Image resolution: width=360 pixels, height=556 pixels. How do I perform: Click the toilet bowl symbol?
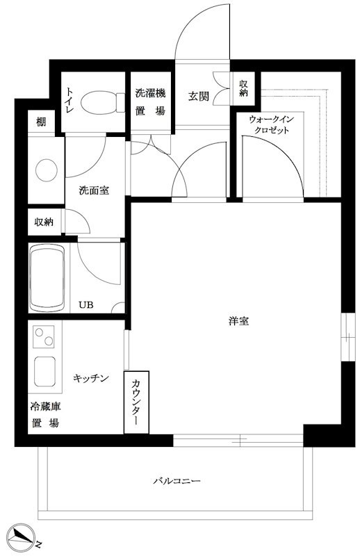103,102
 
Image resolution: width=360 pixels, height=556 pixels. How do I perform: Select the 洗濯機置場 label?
150,102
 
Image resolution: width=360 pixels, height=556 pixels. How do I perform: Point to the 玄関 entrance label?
198,96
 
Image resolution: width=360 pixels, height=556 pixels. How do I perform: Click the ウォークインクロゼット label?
271,124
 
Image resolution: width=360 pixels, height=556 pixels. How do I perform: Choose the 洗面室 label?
94,190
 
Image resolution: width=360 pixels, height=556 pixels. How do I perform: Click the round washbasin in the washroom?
46,170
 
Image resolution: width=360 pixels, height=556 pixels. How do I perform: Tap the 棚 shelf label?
41,122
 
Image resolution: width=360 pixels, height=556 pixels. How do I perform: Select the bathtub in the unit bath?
47,277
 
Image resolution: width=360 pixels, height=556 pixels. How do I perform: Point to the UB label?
86,304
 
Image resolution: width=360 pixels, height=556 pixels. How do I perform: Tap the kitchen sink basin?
44,371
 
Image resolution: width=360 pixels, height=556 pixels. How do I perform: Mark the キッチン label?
91,378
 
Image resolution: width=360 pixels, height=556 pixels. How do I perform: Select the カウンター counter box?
136,402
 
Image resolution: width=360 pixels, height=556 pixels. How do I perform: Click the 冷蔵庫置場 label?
45,414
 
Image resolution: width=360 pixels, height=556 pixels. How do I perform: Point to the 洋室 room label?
238,321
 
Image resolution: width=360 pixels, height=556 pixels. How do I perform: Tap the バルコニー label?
177,481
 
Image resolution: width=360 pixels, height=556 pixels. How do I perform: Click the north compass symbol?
22,536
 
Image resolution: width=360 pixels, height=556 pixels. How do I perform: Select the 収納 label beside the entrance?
243,88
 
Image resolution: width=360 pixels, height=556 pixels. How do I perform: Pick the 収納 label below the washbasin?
44,222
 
